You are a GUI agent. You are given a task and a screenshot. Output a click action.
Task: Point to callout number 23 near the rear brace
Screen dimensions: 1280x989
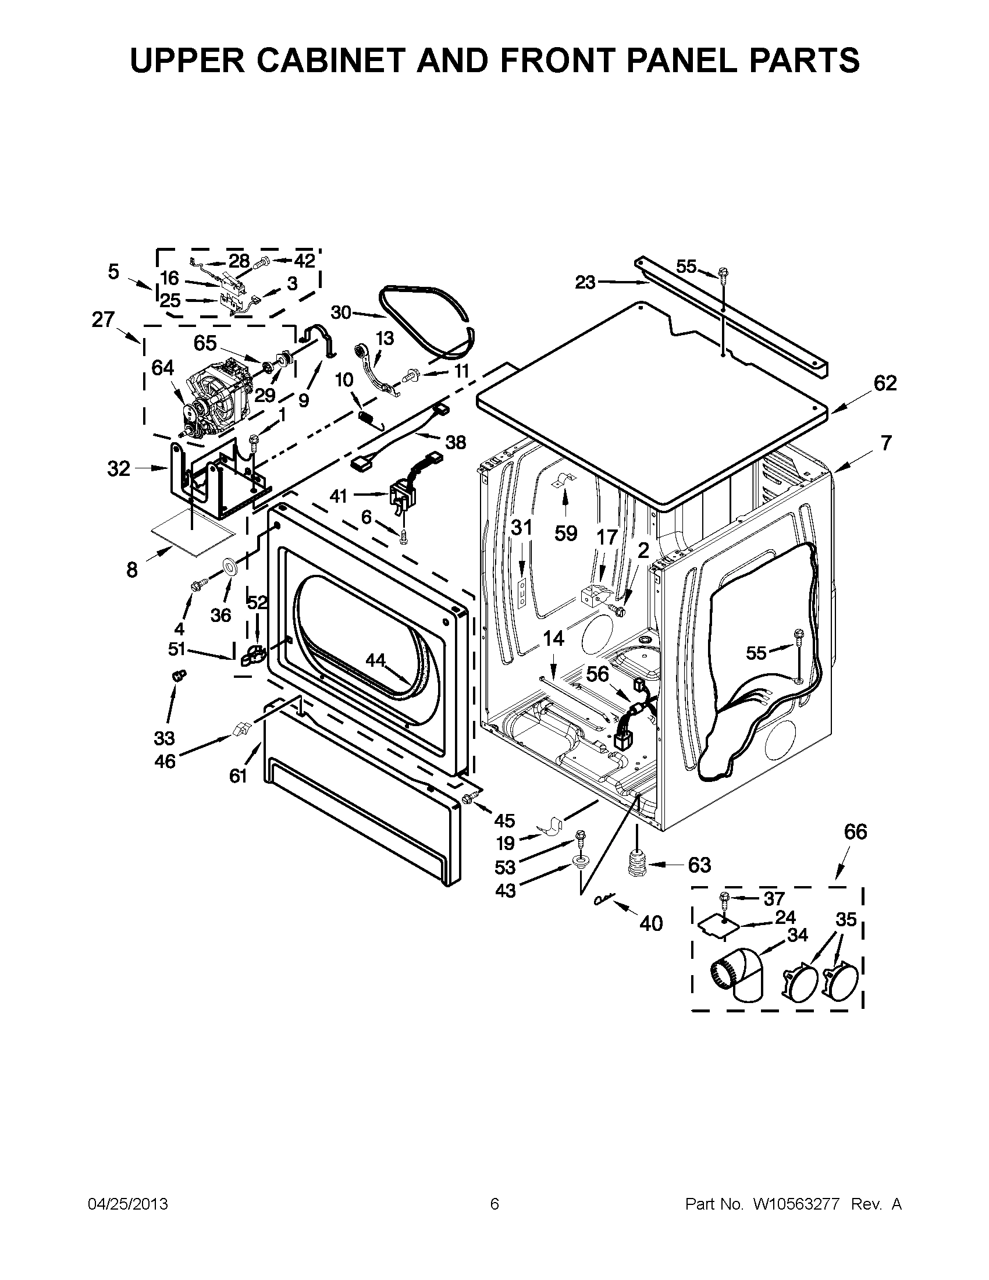click(585, 283)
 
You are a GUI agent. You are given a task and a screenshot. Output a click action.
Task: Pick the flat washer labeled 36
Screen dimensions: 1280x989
click(229, 567)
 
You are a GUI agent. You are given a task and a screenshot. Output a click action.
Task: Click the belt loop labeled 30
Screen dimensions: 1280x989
click(428, 319)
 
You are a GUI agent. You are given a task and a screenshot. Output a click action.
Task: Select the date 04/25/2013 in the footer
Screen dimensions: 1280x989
click(128, 1204)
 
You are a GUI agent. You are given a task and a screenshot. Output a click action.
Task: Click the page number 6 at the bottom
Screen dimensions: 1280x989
click(494, 1204)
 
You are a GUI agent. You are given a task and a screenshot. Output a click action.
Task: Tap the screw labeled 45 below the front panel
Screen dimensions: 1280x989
click(469, 797)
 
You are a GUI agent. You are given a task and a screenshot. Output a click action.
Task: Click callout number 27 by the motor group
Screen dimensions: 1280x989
click(103, 319)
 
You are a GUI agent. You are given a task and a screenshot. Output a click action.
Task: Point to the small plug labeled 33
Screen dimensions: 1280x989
click(176, 675)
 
